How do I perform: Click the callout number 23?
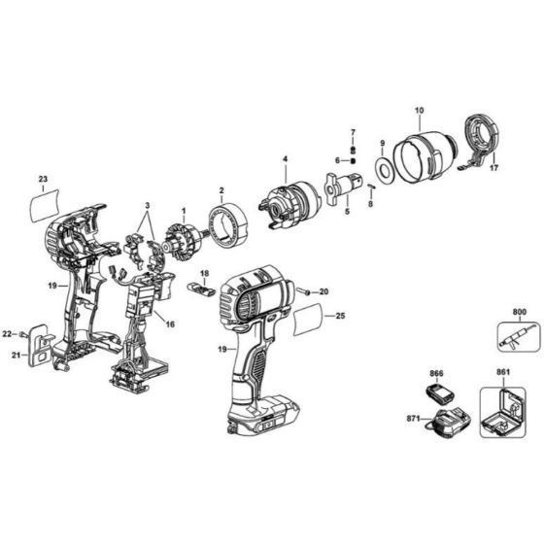coord(43,178)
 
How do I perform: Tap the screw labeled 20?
coord(305,290)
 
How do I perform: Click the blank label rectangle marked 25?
coord(309,316)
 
